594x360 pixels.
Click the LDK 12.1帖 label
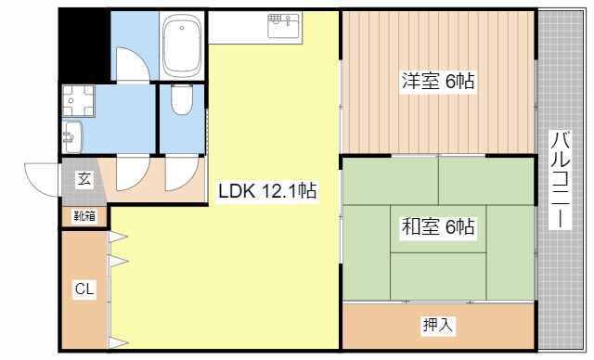[x=268, y=191]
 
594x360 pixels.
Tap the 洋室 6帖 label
[x=438, y=82]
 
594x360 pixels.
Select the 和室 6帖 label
[x=438, y=225]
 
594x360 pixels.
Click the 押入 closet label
[x=437, y=325]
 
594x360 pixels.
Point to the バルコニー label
[x=560, y=181]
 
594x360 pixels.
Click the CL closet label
[x=84, y=289]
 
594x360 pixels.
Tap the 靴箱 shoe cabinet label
[x=84, y=217]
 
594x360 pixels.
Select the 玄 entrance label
[x=84, y=179]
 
